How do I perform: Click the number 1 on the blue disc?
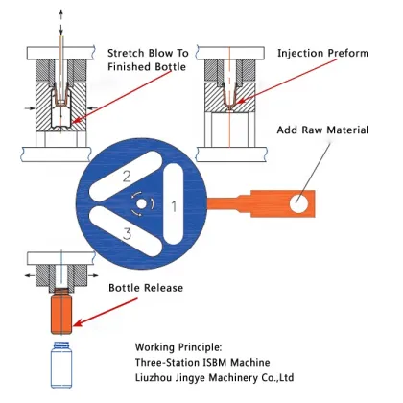(174, 205)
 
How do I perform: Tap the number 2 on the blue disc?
(126, 176)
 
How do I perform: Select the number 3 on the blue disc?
(126, 233)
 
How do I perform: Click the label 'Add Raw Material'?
(322, 130)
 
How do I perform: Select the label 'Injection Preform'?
(322, 53)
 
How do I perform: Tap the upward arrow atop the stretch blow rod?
(60, 11)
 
